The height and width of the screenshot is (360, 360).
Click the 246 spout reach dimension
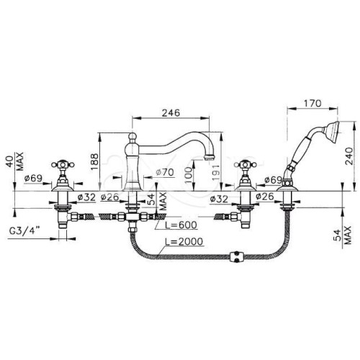tap(171, 112)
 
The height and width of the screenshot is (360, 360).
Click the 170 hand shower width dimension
tap(312, 104)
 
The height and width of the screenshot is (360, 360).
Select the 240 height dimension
tap(349, 156)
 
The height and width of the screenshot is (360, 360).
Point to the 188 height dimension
tap(94, 162)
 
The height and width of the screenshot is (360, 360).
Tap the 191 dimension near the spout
tap(216, 172)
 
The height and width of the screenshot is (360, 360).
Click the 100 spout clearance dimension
tap(189, 174)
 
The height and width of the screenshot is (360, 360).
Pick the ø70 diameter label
tap(165, 172)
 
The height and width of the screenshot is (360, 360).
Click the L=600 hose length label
tap(181, 225)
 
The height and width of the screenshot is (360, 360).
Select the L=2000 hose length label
tap(184, 241)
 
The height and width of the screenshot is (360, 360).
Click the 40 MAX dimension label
tap(16, 161)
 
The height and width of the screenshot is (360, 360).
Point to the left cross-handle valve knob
tap(63, 165)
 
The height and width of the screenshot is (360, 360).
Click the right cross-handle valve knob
tap(246, 165)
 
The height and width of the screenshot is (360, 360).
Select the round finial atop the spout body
tap(132, 137)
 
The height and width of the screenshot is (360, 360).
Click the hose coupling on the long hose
tap(237, 257)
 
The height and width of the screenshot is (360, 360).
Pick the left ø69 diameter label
tap(33, 179)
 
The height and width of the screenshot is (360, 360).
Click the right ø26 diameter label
tap(265, 197)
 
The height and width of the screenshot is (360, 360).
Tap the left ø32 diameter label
tap(86, 197)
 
